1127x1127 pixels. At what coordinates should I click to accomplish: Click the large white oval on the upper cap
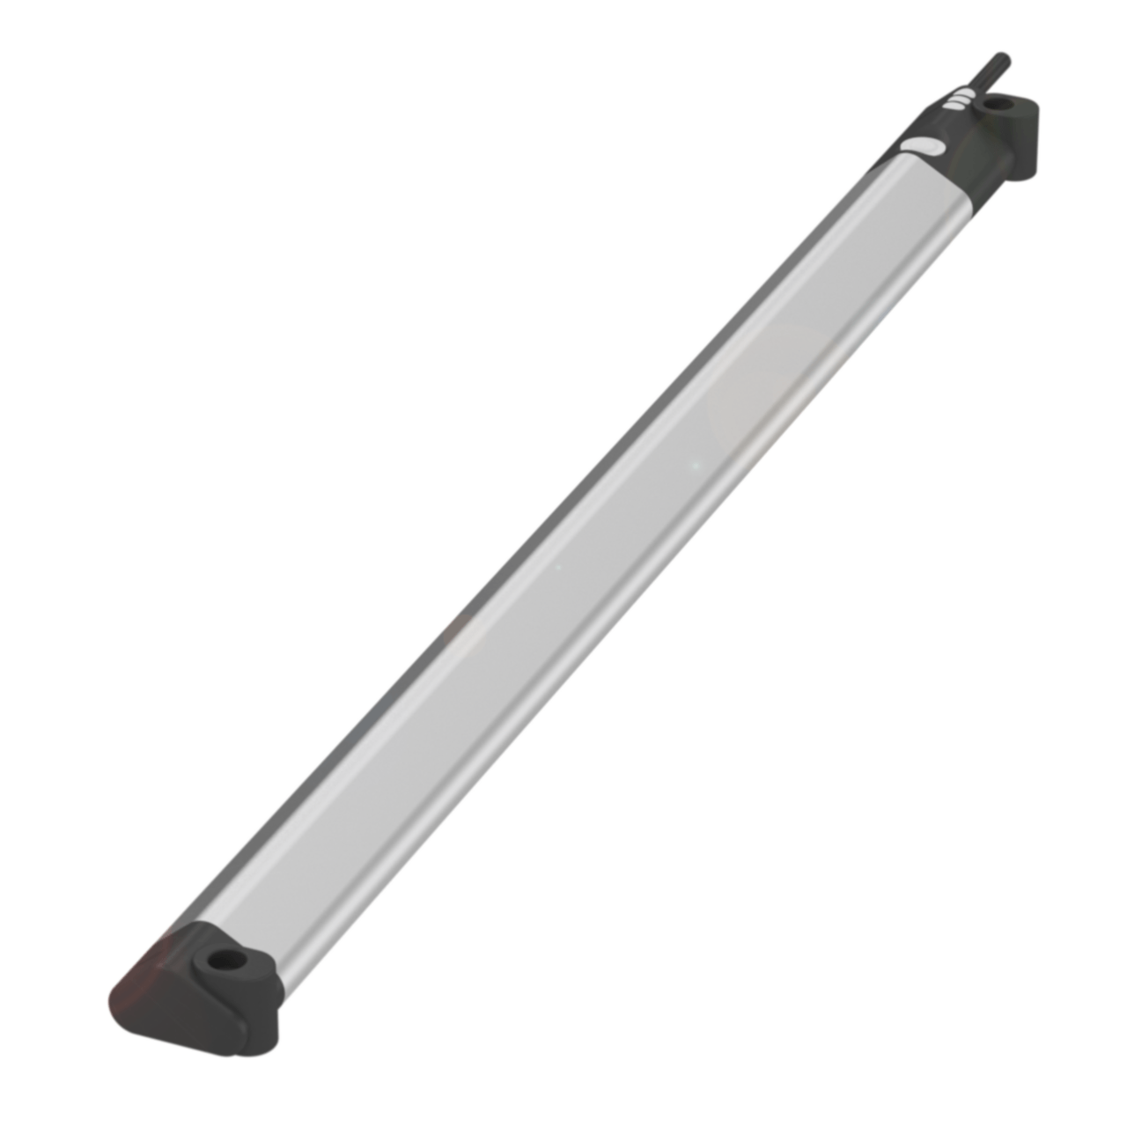(924, 149)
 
